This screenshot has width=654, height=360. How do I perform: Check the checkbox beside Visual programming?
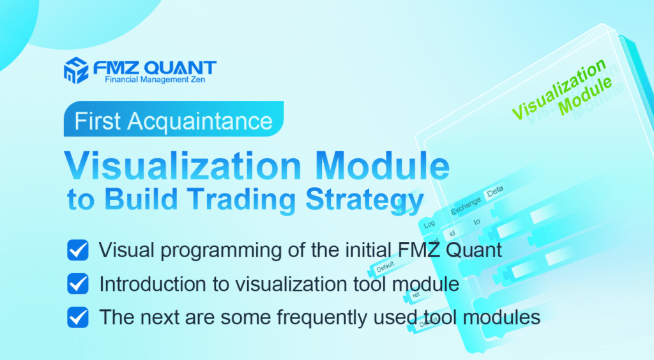(77, 250)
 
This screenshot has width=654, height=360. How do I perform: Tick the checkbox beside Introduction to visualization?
(77, 283)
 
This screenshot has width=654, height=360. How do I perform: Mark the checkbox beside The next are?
(77, 316)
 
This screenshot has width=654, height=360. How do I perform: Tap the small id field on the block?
(453, 232)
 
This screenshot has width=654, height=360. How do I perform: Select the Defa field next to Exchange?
(495, 193)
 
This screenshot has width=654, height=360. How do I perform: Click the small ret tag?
(416, 296)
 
